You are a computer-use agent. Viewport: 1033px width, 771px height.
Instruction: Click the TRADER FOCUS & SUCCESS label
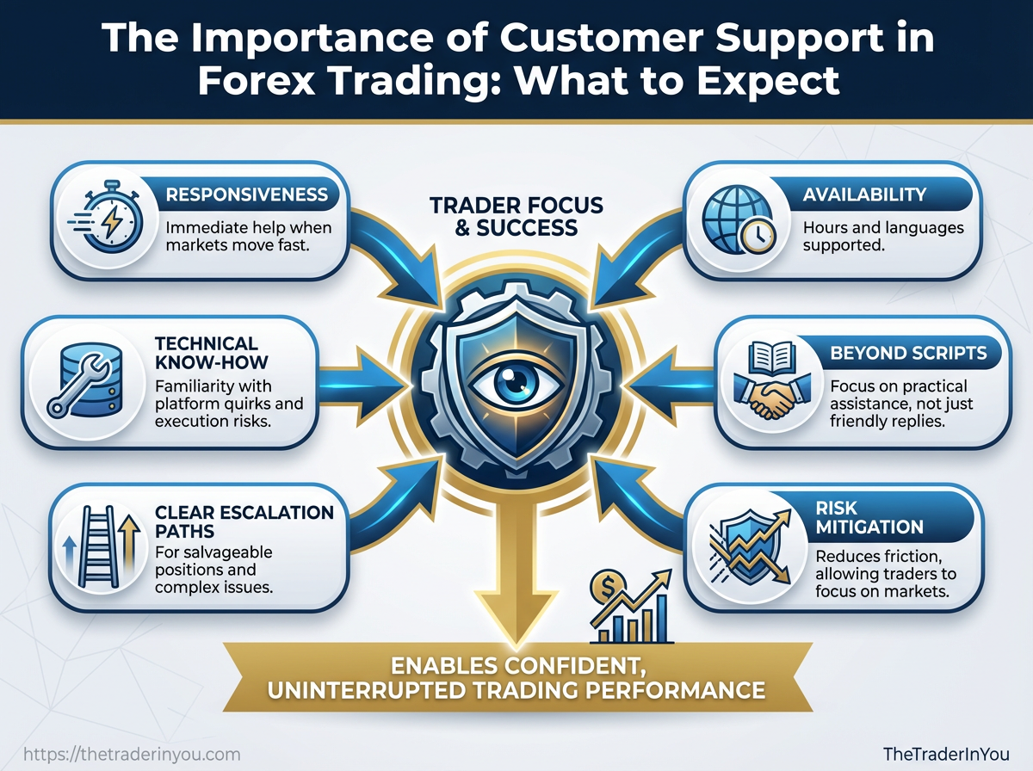(517, 217)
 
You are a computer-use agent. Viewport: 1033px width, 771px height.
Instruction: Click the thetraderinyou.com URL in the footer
(131, 754)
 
